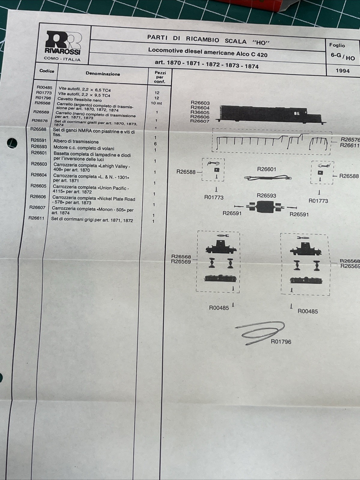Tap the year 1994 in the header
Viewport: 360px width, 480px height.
tap(343, 71)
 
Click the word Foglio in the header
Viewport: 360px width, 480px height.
tap(337, 45)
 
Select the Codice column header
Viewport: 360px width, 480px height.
tap(47, 71)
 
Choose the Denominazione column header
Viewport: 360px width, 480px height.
tap(103, 74)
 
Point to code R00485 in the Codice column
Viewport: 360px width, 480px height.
tap(45, 87)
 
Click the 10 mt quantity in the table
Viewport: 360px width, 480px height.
tap(156, 103)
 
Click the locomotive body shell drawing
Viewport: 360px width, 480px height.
tap(271, 115)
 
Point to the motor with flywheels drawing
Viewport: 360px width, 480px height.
tap(265, 207)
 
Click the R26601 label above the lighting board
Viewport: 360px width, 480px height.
tap(266, 169)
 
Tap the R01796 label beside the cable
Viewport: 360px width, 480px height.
tap(281, 342)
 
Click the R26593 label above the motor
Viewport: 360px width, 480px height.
tap(266, 195)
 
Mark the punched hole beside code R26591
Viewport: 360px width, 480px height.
tap(12, 143)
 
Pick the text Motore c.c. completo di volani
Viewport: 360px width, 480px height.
tap(84, 148)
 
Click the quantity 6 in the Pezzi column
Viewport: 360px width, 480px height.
tap(155, 144)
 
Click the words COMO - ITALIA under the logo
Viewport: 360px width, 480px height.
tap(62, 59)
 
